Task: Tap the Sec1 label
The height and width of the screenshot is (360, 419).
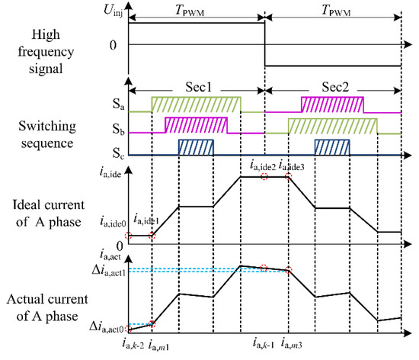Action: pos(196,85)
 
